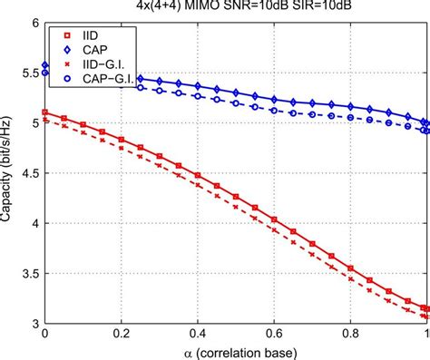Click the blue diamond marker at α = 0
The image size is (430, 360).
[x=45, y=66]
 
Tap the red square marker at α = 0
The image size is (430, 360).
[x=45, y=113]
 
